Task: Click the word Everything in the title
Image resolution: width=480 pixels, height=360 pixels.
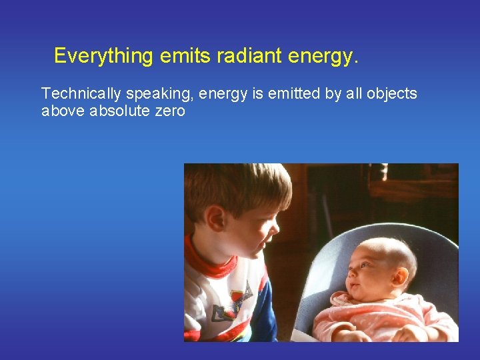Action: [x=104, y=56]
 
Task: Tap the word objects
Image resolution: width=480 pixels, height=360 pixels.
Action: [x=391, y=94]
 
